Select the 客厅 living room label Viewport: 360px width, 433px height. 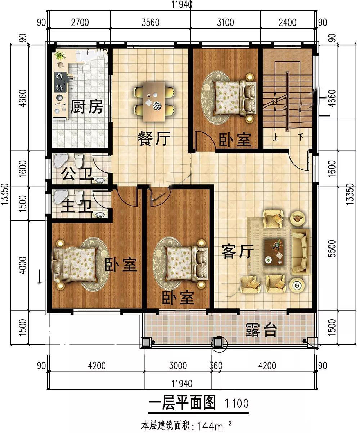tap(238, 251)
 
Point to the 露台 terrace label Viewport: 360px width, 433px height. tap(261, 330)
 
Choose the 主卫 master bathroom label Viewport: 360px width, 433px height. tap(76, 206)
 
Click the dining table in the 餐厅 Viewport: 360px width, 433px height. tap(154, 101)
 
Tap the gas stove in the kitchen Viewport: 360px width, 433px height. tap(60, 82)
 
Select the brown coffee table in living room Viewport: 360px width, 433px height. tap(274, 252)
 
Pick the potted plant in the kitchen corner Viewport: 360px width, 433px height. tap(60, 56)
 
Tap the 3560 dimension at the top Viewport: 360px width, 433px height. tap(150, 22)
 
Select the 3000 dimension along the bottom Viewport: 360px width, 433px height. tap(178, 366)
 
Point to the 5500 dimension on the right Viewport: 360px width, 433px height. tap(332, 249)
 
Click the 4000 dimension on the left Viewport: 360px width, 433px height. tap(23, 265)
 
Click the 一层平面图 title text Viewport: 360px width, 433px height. tap(182, 402)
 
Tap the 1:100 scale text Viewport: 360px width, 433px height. tap(237, 404)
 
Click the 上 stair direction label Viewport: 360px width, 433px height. tap(275, 137)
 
